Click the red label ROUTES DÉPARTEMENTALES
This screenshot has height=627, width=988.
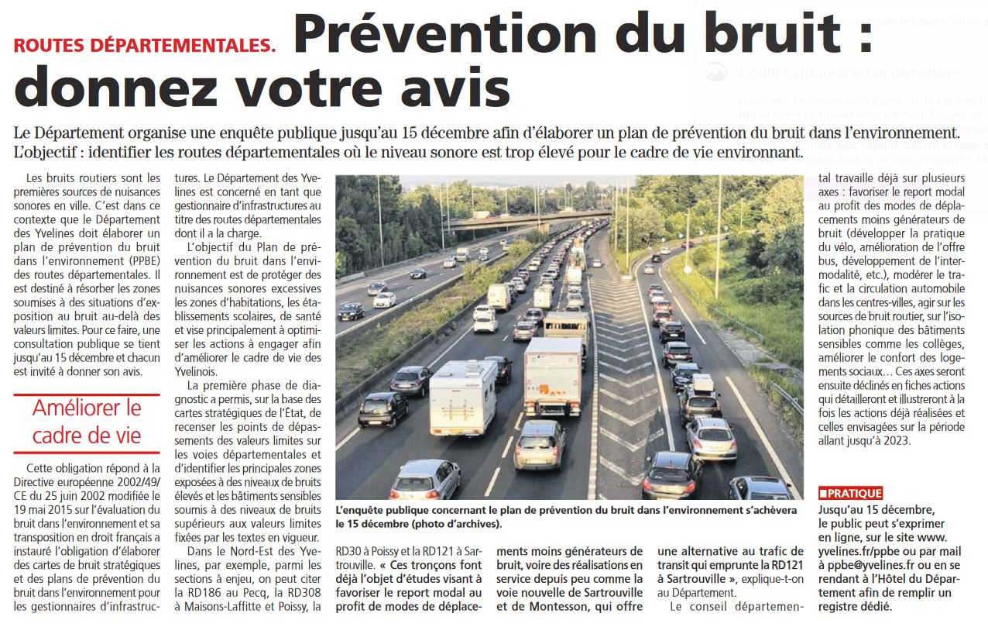pyautogui.click(x=144, y=45)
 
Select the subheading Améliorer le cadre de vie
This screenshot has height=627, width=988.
pyautogui.click(x=87, y=421)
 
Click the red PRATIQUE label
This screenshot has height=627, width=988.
pyautogui.click(x=850, y=493)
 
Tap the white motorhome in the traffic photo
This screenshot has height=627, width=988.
pyautogui.click(x=463, y=396)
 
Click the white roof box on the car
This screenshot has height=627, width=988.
pyautogui.click(x=702, y=382)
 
